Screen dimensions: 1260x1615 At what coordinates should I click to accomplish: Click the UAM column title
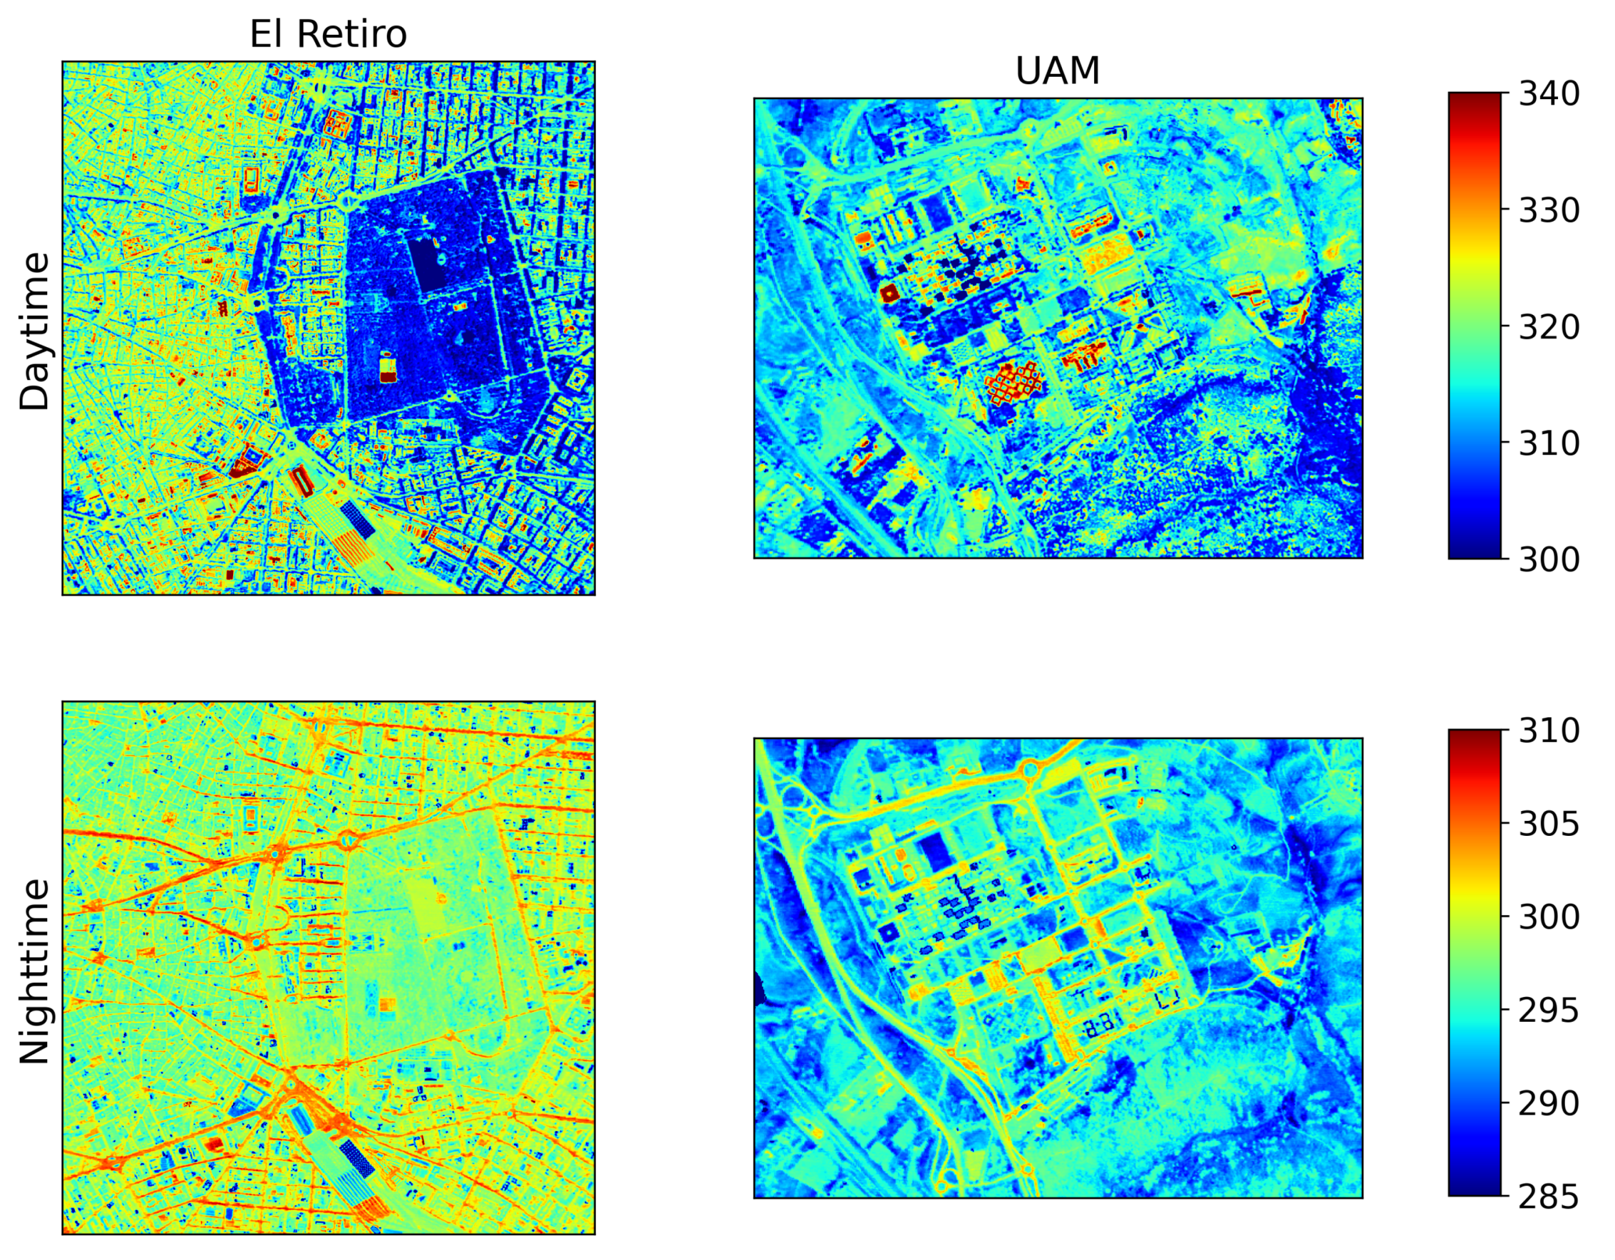[x=1058, y=71]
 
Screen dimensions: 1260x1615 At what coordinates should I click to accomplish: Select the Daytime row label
[x=35, y=331]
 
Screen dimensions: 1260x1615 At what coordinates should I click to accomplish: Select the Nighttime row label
[x=35, y=972]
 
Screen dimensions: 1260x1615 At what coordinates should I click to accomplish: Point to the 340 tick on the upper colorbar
[x=1549, y=94]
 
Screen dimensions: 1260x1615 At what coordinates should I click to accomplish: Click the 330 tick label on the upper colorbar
[x=1549, y=211]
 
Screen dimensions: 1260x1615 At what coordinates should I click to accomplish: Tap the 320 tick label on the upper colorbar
[x=1549, y=327]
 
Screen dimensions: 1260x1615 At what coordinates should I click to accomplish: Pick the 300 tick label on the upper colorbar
[x=1549, y=559]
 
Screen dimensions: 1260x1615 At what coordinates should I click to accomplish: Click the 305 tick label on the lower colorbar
[x=1549, y=823]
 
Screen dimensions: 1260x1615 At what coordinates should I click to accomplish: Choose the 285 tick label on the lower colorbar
[x=1549, y=1196]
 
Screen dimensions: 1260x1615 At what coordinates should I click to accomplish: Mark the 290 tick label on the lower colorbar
[x=1549, y=1103]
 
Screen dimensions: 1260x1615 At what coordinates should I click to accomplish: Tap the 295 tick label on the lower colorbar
[x=1549, y=1010]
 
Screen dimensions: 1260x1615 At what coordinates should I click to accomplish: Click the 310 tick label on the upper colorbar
[x=1549, y=443]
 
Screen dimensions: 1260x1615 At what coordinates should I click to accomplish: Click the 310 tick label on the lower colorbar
[x=1549, y=730]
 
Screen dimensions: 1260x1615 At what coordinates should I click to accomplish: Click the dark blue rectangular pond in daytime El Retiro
[x=430, y=262]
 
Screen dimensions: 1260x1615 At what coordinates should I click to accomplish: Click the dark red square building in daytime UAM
[x=889, y=293]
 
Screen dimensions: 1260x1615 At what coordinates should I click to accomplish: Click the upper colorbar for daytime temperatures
[x=1474, y=326]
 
